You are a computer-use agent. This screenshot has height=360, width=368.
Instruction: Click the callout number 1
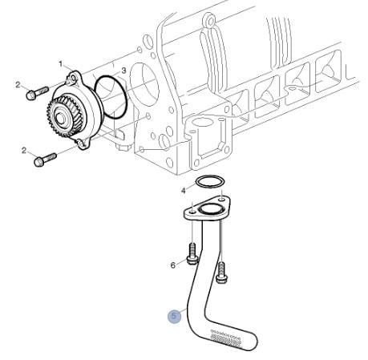(61, 64)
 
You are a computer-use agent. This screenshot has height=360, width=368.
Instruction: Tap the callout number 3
(123, 71)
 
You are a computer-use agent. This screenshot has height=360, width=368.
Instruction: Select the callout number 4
(184, 191)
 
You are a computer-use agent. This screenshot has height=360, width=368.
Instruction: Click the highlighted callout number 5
(174, 316)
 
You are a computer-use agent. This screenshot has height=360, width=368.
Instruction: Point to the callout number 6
(173, 265)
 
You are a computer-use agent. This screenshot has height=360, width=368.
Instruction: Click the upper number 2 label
(18, 85)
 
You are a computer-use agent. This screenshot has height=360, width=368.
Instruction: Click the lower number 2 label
(24, 151)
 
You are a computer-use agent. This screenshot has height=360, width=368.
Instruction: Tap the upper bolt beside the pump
(37, 93)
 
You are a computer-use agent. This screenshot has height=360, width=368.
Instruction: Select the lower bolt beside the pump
(45, 160)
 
